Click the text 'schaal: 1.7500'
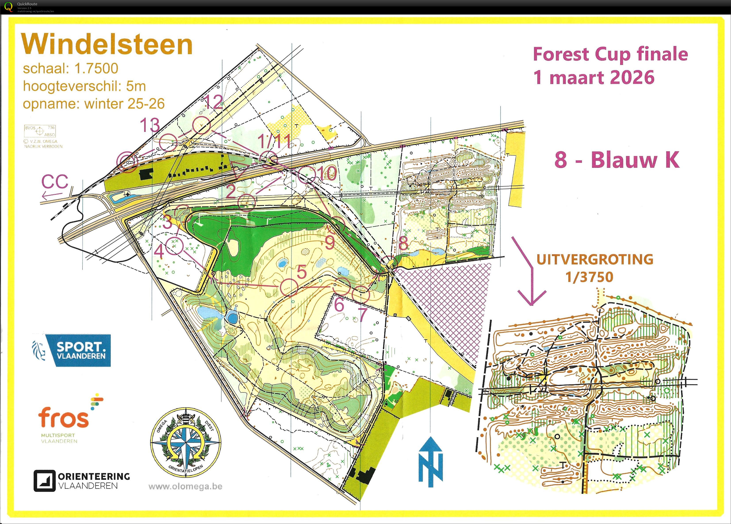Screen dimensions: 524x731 [71, 68]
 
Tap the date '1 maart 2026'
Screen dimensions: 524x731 [594, 78]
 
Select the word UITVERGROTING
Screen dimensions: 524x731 [595, 259]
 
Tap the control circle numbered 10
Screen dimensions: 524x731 [306, 175]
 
